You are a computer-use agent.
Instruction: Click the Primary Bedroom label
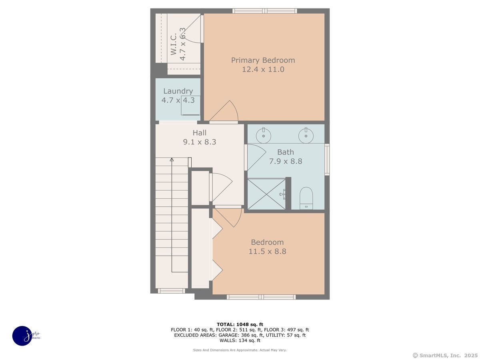[263, 60]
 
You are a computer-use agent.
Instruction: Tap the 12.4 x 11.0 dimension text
[263, 70]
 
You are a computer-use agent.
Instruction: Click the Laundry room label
[178, 91]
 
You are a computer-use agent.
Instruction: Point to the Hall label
[200, 133]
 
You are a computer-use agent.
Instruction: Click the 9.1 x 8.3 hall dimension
[200, 142]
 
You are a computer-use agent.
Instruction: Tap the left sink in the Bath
[264, 135]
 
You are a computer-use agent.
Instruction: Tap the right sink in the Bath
[306, 135]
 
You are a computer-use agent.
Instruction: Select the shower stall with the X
[266, 194]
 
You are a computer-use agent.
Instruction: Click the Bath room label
[286, 152]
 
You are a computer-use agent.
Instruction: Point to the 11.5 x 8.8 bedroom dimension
[268, 252]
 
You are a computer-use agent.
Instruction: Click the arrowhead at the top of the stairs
[172, 160]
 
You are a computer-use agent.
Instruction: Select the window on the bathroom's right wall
[327, 159]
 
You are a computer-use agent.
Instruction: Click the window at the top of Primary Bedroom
[264, 11]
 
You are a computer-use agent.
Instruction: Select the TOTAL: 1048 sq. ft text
[240, 324]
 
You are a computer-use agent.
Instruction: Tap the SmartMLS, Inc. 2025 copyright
[445, 355]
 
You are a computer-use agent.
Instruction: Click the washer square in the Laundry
[191, 105]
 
